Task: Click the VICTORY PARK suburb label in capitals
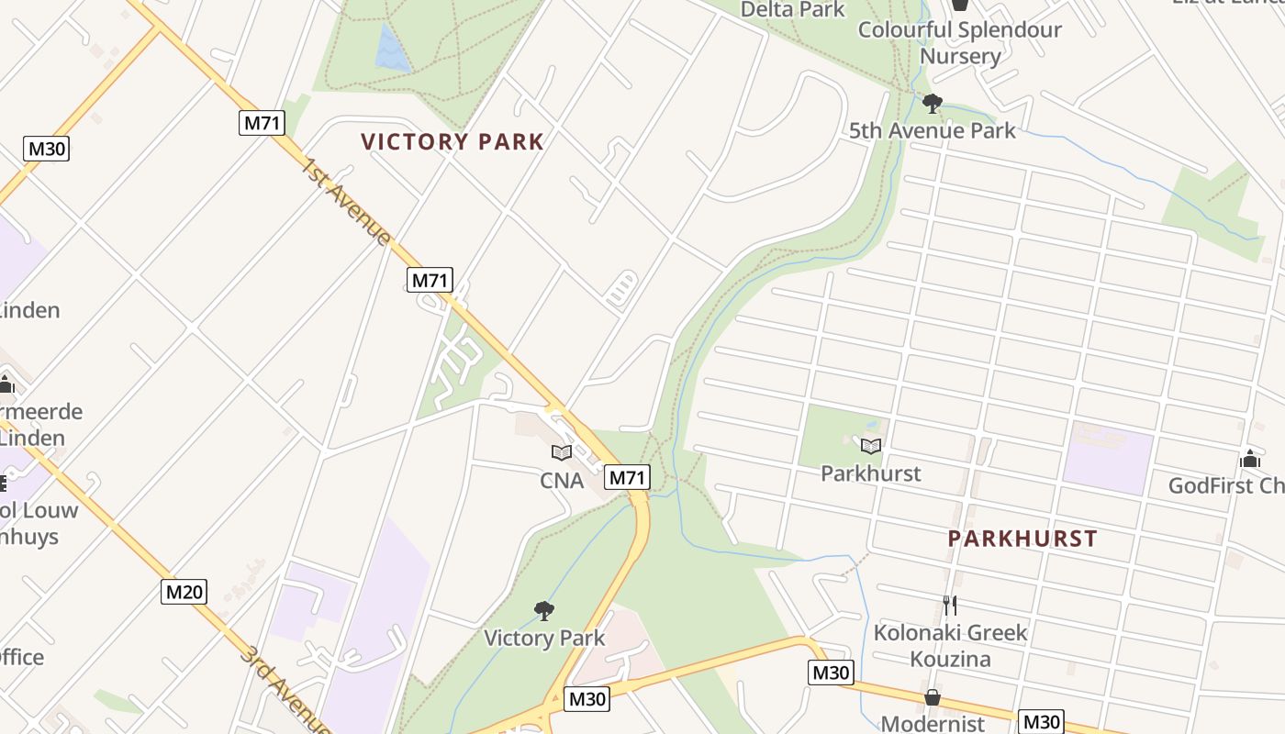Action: coord(453,142)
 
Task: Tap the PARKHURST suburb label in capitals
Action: coord(1022,539)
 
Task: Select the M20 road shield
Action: coord(184,592)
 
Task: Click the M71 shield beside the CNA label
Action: coord(628,477)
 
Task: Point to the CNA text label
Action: coord(562,480)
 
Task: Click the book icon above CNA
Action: coord(562,452)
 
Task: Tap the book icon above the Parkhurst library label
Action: coord(871,447)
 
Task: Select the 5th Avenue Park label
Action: coord(932,130)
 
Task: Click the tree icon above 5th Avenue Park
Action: coord(933,104)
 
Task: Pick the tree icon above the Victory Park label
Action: coord(544,610)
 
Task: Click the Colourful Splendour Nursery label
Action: coord(960,42)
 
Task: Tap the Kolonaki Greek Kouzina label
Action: coord(950,645)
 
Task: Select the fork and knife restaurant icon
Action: coord(950,606)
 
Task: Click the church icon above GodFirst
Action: coord(1249,459)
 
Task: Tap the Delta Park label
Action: coord(792,9)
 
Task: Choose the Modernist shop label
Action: coord(932,723)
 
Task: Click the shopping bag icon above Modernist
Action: coord(932,697)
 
